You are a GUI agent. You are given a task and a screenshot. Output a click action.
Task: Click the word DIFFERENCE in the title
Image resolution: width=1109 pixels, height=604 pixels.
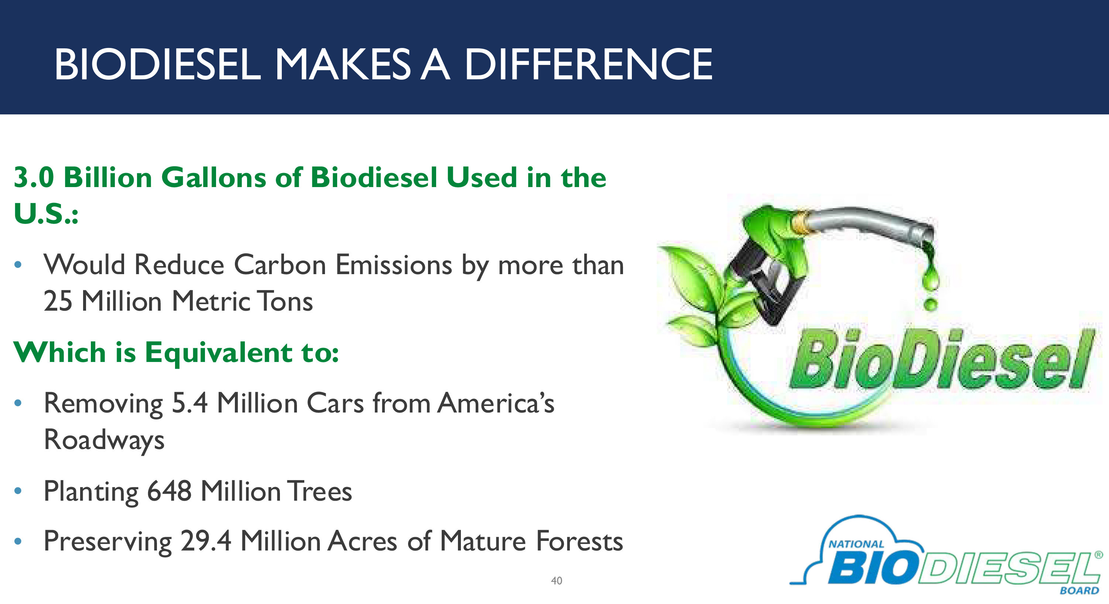click(588, 65)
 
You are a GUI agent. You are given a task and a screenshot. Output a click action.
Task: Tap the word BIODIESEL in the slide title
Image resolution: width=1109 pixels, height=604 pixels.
click(158, 65)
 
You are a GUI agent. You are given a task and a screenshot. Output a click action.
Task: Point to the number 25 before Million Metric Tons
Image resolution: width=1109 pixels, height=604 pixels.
click(58, 301)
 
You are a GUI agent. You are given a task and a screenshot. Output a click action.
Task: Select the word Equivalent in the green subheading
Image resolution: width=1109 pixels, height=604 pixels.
click(218, 353)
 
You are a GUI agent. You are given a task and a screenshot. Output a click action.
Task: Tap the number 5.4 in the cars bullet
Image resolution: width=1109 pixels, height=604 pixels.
click(189, 404)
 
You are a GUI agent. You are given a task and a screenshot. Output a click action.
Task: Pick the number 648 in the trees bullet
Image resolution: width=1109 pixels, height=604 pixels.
click(169, 491)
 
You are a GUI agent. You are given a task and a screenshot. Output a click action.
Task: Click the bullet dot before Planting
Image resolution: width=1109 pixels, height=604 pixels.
click(18, 491)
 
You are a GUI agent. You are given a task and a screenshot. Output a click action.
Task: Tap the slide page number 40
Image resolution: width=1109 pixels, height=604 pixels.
click(556, 581)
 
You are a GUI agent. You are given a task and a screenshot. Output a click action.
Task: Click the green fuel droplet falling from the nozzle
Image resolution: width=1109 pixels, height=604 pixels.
click(930, 304)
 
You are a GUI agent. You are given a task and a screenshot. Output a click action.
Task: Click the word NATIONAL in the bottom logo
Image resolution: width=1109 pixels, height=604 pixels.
click(856, 544)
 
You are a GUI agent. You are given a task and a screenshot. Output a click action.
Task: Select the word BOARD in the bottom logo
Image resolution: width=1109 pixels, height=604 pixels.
click(1079, 591)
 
